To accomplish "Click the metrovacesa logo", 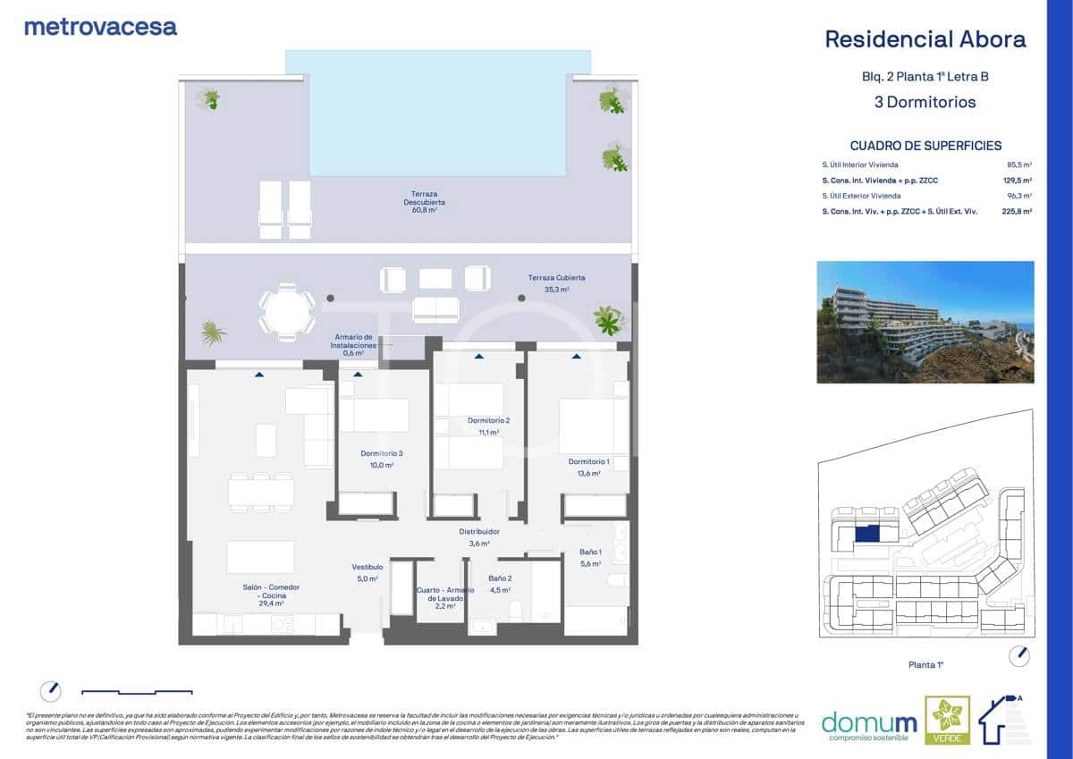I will point(100,27).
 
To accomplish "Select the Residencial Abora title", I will point(925,39).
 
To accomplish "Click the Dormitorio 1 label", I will point(588,467).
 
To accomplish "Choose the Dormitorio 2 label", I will point(488,426).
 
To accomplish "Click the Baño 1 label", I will point(587,559).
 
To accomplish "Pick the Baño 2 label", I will point(499,584).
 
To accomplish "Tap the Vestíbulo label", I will point(367,572).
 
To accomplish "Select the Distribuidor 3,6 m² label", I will point(478,536).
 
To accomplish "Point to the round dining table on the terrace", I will point(287,312).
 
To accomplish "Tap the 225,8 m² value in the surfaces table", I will point(1018,212).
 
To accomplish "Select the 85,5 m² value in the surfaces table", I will point(1019,165).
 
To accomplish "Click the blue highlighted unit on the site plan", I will point(866,534).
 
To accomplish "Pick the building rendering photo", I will point(925,322).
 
